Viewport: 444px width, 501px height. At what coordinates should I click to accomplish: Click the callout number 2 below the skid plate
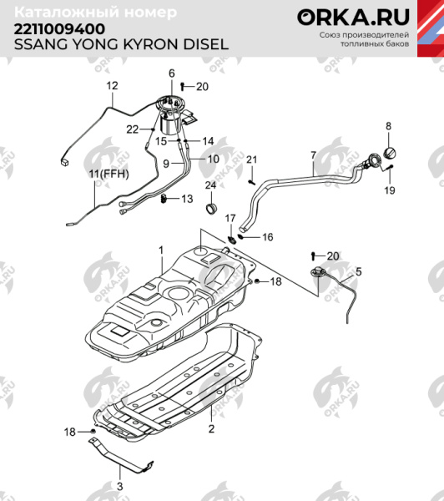(212, 429)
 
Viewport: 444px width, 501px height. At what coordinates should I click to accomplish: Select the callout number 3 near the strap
(119, 485)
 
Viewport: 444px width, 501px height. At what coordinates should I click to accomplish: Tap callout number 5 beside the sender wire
(359, 271)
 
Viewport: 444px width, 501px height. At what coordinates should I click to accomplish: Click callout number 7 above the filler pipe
(313, 155)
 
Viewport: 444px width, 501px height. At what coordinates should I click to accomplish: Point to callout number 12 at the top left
(113, 86)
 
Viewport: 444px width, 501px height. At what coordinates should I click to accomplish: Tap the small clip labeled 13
(167, 198)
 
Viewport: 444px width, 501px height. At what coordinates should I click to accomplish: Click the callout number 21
(251, 159)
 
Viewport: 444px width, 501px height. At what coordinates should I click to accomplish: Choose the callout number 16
(268, 237)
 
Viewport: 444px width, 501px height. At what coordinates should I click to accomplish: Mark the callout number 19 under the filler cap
(389, 191)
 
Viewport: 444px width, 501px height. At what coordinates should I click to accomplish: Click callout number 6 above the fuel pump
(172, 73)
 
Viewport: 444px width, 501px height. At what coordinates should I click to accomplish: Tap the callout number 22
(132, 129)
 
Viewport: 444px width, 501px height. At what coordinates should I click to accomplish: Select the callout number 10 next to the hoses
(213, 159)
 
